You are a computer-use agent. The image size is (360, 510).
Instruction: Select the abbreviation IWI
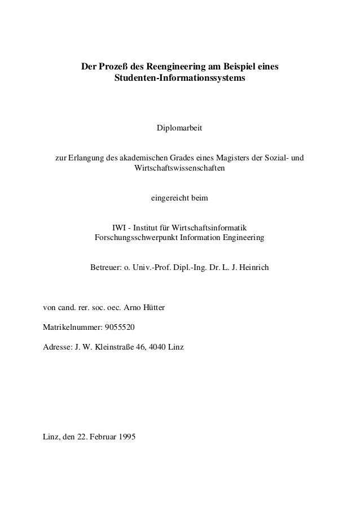click(x=120, y=228)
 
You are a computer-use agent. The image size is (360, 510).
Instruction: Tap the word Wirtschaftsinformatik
click(x=212, y=228)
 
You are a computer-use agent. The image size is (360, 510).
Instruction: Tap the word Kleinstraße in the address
click(x=113, y=346)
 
